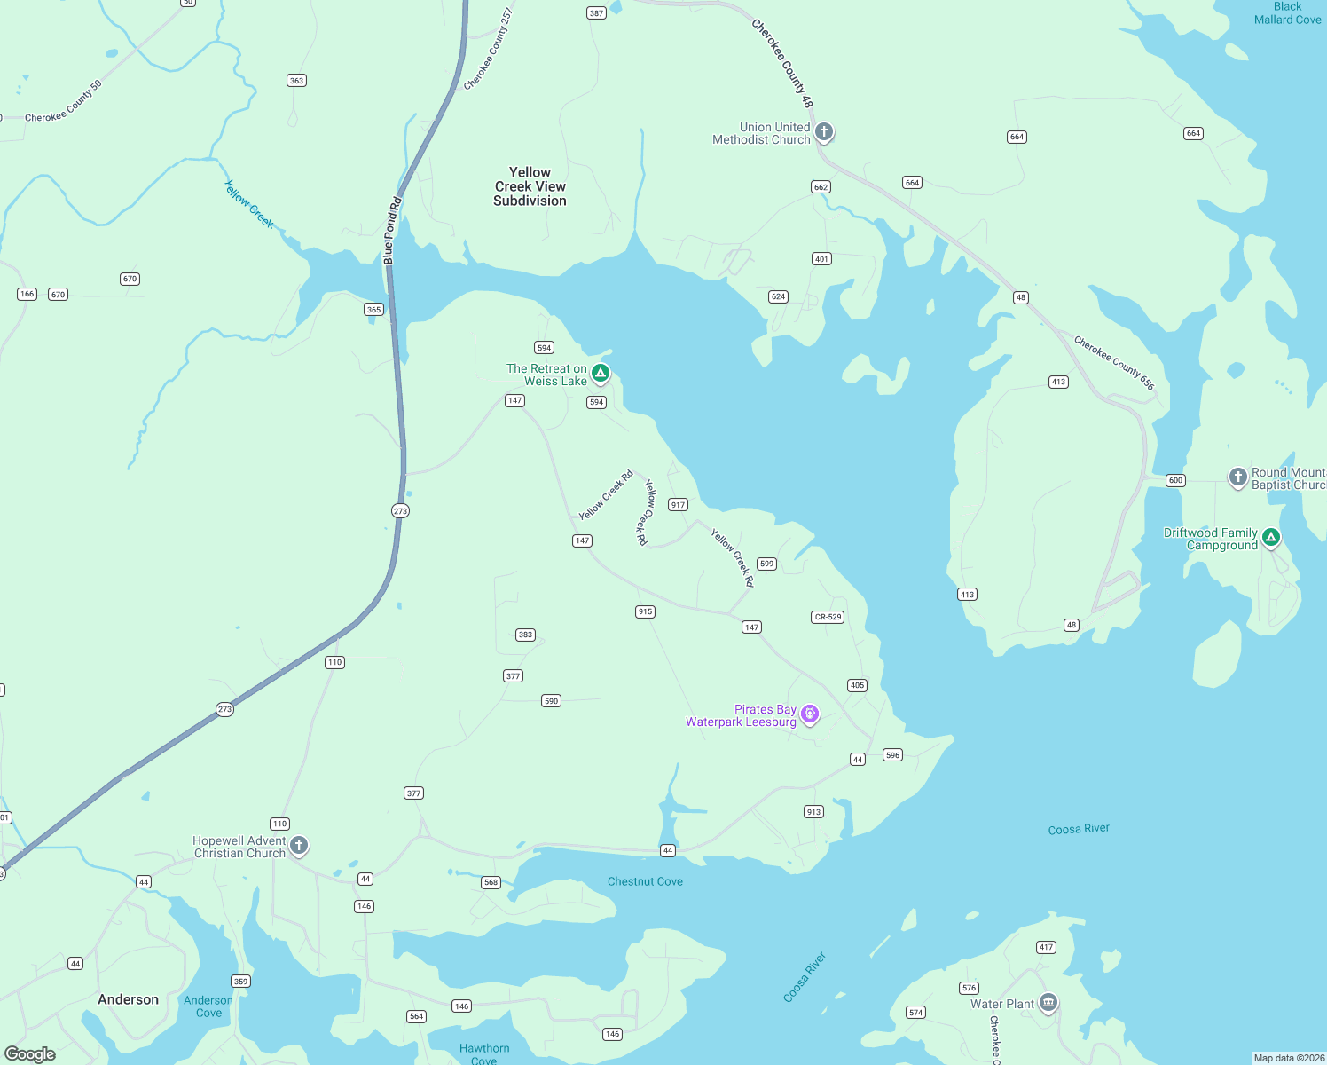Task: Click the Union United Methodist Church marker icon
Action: tap(824, 132)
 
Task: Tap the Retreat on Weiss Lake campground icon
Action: tap(601, 373)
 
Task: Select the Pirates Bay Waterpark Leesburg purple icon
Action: tap(809, 714)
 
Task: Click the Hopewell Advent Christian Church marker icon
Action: tap(299, 845)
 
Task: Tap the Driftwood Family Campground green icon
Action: tap(1271, 537)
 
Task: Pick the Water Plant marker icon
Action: tap(1048, 1003)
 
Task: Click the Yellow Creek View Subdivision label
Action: tap(530, 186)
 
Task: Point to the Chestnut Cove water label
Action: tap(645, 881)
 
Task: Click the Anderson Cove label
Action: tap(208, 1006)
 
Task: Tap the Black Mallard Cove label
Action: tap(1287, 13)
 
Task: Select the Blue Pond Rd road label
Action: tap(392, 231)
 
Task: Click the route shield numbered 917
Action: tap(679, 504)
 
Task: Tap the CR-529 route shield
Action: tap(828, 617)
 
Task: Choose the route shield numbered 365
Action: tap(373, 310)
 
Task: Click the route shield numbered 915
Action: tap(645, 611)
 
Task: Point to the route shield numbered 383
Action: tap(525, 635)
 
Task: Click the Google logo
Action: tap(30, 1054)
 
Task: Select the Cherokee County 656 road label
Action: tap(1114, 363)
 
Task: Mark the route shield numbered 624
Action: tap(779, 296)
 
